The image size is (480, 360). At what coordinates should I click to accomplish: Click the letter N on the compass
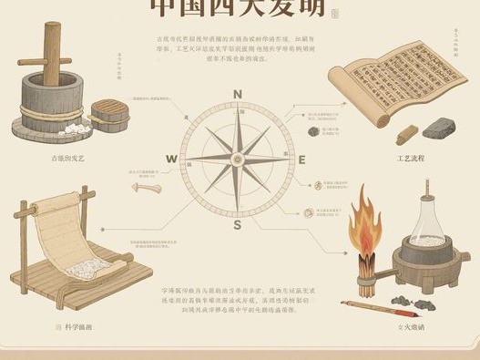pyautogui.click(x=237, y=94)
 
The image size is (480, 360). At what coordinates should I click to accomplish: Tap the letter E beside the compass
pyautogui.click(x=303, y=159)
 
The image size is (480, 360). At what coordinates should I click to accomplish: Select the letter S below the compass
pyautogui.click(x=237, y=225)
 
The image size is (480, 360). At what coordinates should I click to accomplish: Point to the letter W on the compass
pyautogui.click(x=171, y=159)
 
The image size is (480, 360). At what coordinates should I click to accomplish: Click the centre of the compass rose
pyautogui.click(x=237, y=159)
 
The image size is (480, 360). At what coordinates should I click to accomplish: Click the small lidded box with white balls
pyautogui.click(x=110, y=116)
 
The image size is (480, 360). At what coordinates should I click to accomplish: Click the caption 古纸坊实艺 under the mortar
pyautogui.click(x=67, y=158)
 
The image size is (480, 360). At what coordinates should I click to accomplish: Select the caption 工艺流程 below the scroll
pyautogui.click(x=411, y=158)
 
